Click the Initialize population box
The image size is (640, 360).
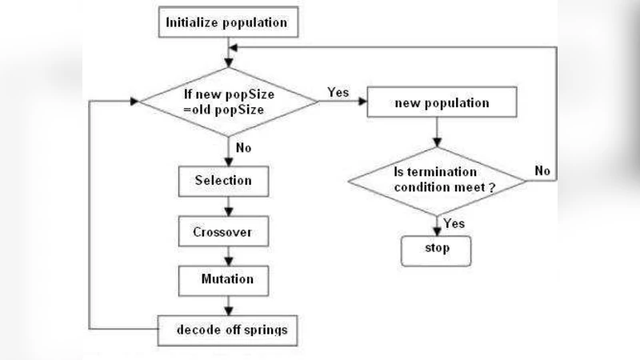coord(226,22)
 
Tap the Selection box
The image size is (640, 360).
coord(223,181)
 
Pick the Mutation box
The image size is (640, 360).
coord(227,280)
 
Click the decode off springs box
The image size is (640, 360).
coord(227,328)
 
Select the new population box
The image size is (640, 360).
coord(442,104)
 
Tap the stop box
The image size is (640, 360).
coord(436,249)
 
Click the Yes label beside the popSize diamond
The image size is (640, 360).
coord(338,92)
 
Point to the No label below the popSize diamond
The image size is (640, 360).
coord(244,147)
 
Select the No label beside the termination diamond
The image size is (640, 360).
coord(542,170)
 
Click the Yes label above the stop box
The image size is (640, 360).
coord(454,224)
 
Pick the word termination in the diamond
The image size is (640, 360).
coord(434,173)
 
